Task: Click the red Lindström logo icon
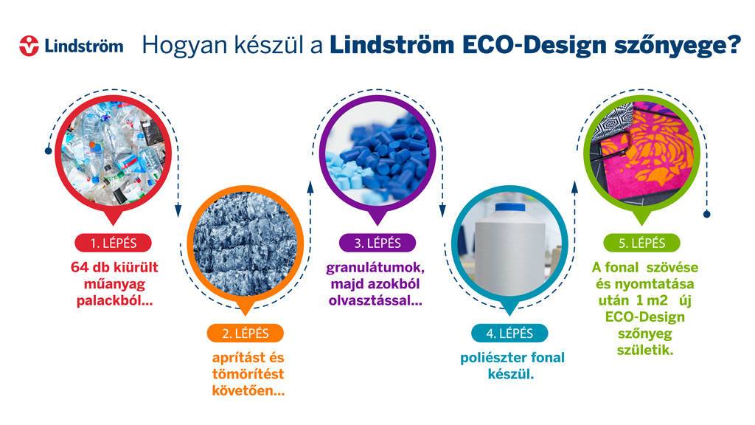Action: tap(29, 46)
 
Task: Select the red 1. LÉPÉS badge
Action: tap(113, 243)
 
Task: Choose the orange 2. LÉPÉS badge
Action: tap(245, 333)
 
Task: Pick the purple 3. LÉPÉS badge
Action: tap(377, 243)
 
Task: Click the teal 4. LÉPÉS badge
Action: tap(509, 333)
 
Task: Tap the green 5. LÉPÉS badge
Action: tap(642, 243)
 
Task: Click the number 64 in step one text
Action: tap(80, 267)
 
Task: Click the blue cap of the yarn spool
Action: tap(510, 207)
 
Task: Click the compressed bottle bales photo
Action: tap(245, 243)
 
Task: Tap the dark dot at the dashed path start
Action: tap(48, 151)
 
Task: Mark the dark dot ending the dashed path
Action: tap(707, 214)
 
